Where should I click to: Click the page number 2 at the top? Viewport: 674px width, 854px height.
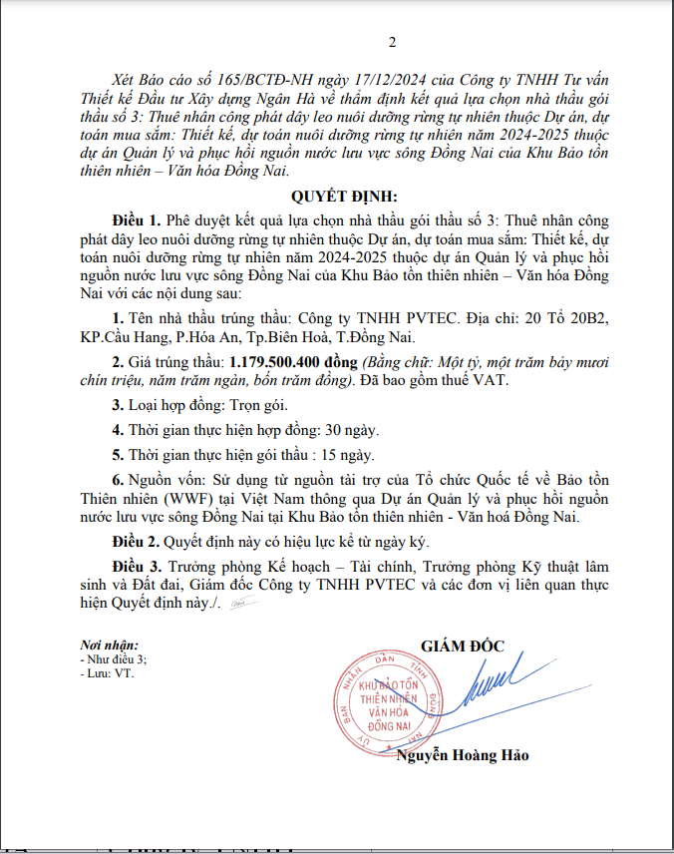(x=392, y=42)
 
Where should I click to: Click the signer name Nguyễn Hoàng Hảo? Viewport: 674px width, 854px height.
(x=463, y=755)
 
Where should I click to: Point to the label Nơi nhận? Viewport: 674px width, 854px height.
(x=110, y=645)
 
